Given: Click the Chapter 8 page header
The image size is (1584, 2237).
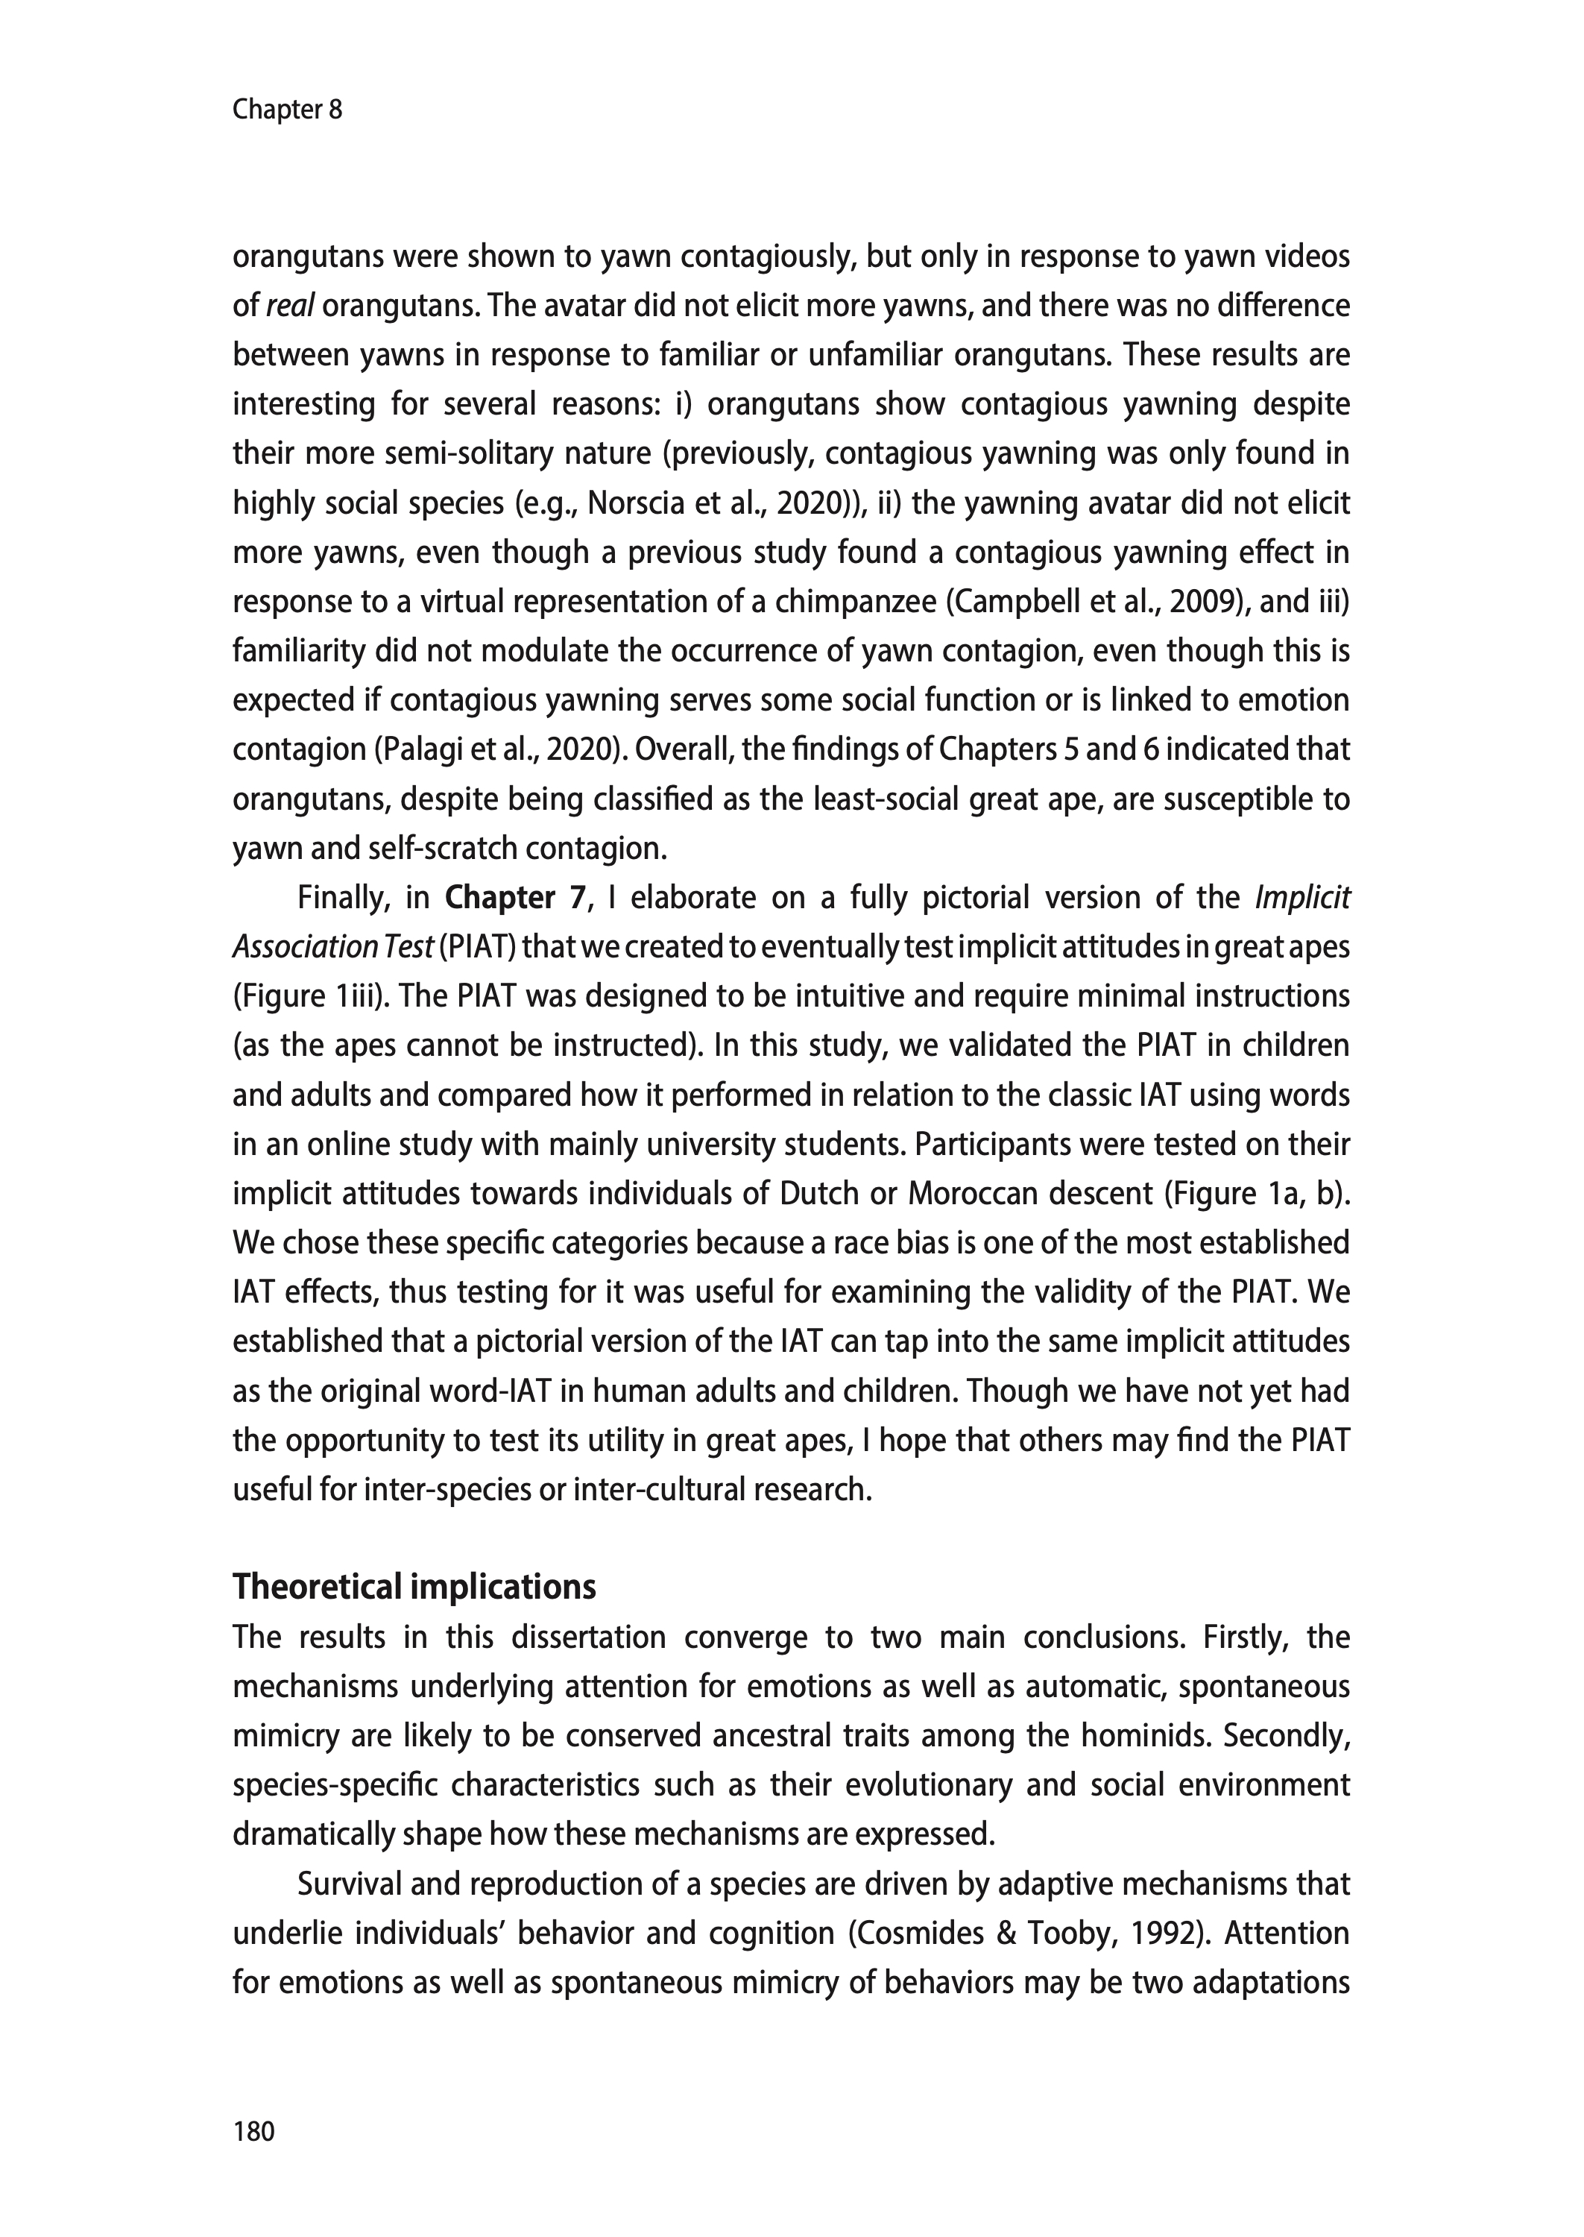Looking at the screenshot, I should [287, 110].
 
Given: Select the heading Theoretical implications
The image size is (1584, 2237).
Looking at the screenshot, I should [414, 1588].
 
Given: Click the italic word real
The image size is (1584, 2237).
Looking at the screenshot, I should [288, 306].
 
